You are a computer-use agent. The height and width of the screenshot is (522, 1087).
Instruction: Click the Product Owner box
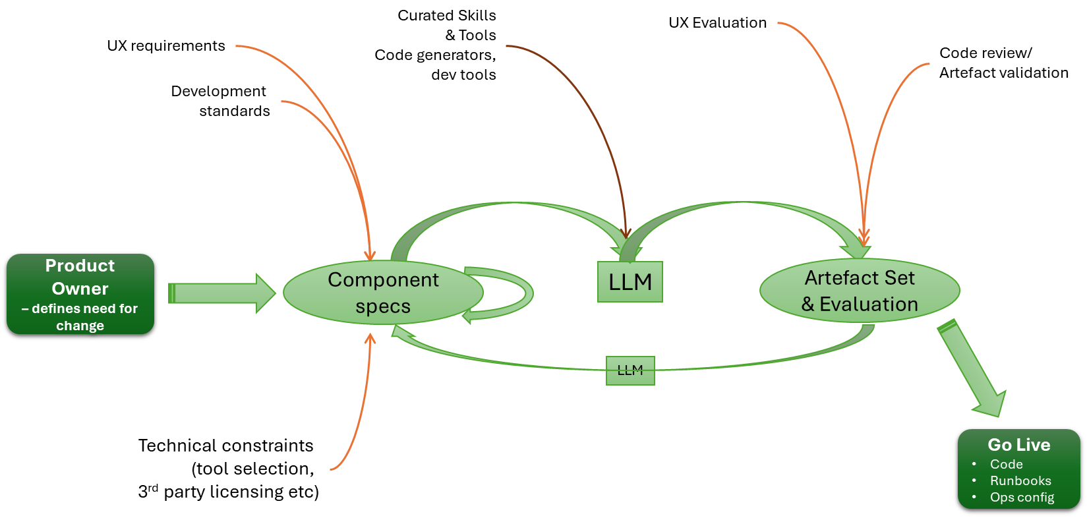pyautogui.click(x=80, y=294)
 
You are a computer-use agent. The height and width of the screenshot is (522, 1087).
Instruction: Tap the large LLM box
pyautogui.click(x=630, y=282)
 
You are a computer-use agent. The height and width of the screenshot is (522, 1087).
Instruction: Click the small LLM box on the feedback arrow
pyautogui.click(x=630, y=370)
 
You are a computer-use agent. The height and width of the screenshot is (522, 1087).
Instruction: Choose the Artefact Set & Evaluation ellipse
pyautogui.click(x=860, y=291)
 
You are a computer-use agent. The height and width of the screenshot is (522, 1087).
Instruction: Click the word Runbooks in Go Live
pyautogui.click(x=1020, y=480)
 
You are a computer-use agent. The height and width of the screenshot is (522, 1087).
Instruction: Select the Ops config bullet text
pyautogui.click(x=1022, y=497)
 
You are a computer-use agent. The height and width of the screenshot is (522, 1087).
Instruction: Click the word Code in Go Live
pyautogui.click(x=1006, y=464)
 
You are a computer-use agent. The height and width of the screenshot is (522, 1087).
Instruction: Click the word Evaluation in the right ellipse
pyautogui.click(x=869, y=304)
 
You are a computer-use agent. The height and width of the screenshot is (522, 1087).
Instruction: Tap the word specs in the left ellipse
pyautogui.click(x=383, y=306)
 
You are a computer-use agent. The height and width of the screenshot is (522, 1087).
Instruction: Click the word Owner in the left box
pyautogui.click(x=80, y=289)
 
